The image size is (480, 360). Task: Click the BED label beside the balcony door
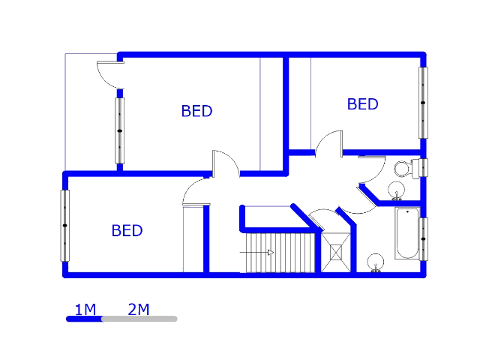coord(196,111)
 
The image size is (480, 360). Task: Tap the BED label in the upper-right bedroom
coord(362,104)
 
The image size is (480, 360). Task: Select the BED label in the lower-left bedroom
coord(127,230)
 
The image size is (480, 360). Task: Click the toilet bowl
coord(402,167)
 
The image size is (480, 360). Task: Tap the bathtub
coord(406,233)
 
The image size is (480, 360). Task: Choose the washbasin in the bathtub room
coord(374,262)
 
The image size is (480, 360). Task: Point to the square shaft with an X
coord(334,251)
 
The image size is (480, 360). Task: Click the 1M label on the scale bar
coord(85,309)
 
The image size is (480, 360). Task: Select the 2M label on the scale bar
coord(139,309)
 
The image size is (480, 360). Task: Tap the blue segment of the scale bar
coord(84,319)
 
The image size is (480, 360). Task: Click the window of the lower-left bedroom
coord(65,225)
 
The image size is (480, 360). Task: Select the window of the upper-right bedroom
coord(423,102)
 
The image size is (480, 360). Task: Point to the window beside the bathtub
coord(424,238)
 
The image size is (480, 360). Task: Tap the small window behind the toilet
coord(424,167)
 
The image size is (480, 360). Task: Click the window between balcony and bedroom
coord(119,130)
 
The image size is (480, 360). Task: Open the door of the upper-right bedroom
coord(328,145)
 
